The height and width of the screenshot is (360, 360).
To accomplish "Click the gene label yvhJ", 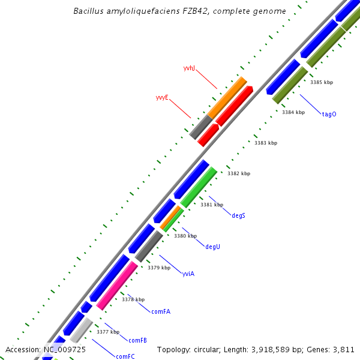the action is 189,68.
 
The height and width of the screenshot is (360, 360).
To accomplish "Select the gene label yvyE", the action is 162,97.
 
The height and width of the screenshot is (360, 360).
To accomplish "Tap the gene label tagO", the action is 329,114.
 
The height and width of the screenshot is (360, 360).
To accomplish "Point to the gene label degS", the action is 238,215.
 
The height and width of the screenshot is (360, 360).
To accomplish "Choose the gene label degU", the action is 212,247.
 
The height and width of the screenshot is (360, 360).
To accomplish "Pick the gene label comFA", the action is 161,311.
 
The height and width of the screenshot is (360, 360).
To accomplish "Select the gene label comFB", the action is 137,340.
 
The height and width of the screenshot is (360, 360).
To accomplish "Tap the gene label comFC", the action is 125,356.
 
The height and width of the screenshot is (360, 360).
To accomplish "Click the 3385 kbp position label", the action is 321,82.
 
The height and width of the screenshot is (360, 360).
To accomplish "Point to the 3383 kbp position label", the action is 266,143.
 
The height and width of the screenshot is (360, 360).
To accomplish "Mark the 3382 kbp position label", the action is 239,173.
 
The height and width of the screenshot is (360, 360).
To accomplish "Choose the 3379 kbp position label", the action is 159,268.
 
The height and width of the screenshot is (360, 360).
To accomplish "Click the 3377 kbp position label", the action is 108,332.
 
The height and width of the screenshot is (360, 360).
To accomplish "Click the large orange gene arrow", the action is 227,97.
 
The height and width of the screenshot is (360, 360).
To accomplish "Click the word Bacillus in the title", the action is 88,11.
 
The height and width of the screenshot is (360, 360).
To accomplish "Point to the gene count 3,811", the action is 343,349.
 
